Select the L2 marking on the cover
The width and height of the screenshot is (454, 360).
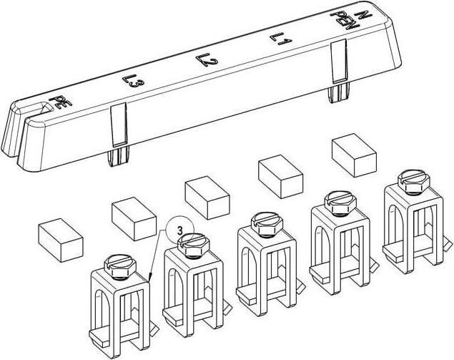(x=207, y=59)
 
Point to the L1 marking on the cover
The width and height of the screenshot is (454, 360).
(x=280, y=39)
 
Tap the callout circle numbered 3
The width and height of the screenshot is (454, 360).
(x=179, y=231)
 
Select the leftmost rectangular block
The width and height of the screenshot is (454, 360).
(x=61, y=240)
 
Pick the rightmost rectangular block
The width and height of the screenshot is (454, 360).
(x=354, y=155)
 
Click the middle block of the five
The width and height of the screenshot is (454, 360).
(x=207, y=198)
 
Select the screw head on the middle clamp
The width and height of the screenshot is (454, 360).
(x=267, y=223)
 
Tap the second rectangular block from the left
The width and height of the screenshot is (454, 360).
(x=134, y=219)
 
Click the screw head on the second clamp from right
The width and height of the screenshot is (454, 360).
(x=340, y=202)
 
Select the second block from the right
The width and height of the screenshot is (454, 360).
(x=280, y=177)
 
